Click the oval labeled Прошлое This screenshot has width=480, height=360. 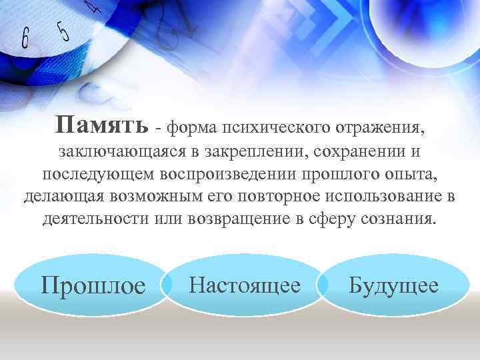point(93,285)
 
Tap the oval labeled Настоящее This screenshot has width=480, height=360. point(244,285)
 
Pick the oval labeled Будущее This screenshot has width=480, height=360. point(394,285)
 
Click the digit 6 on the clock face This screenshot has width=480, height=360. point(25,39)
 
